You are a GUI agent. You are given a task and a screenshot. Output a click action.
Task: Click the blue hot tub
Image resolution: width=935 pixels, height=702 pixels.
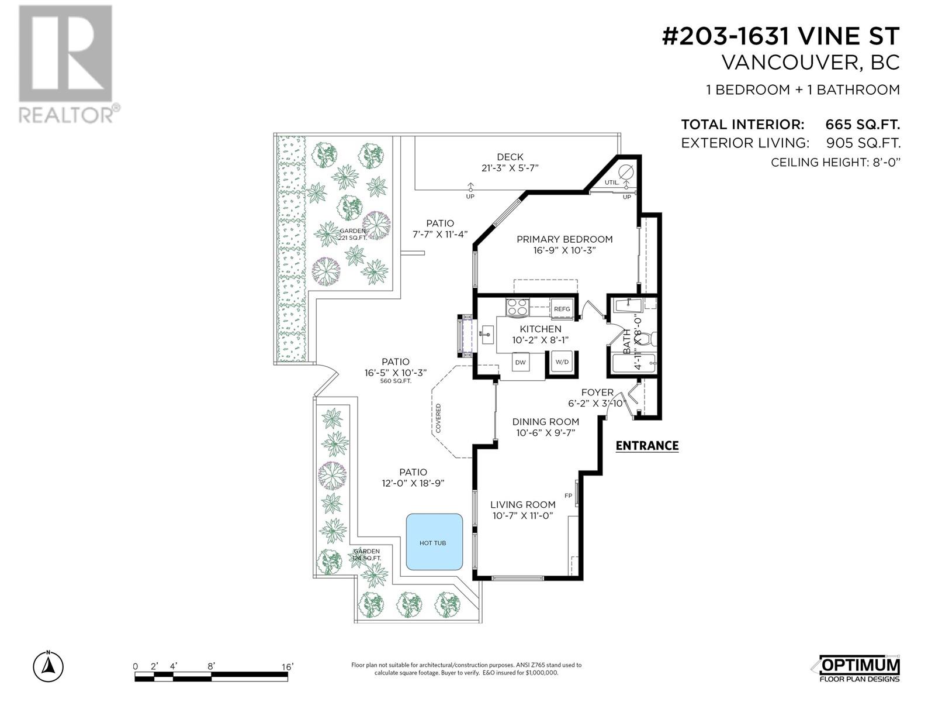434,542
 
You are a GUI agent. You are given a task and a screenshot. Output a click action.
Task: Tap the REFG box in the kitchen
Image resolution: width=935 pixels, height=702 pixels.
562,309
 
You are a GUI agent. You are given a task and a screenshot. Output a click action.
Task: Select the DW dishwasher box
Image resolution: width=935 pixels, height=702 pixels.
521,363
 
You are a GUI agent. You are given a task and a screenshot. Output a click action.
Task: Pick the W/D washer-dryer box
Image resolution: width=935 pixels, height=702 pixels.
562,362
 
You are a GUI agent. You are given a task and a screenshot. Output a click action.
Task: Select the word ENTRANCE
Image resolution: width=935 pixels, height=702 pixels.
647,446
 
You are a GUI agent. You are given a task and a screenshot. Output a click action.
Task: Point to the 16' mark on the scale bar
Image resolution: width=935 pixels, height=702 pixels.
287,667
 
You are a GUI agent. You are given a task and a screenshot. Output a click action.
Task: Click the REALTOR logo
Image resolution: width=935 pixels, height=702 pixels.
68,64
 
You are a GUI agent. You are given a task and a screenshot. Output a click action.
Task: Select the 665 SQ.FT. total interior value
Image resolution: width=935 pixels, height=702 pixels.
862,125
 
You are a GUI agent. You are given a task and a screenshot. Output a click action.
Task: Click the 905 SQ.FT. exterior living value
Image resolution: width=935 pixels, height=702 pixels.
863,143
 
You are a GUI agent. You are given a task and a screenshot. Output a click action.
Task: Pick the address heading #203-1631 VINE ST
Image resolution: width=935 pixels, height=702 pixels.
780,36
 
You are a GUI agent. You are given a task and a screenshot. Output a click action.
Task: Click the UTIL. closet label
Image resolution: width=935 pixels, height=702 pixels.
612,183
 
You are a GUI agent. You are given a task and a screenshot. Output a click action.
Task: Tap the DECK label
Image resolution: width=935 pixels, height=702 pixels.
510,157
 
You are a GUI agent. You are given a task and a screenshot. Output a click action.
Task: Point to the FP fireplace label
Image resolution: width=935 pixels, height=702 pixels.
568,495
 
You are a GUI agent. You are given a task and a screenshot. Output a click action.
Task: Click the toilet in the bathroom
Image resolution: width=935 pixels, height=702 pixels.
650,339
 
